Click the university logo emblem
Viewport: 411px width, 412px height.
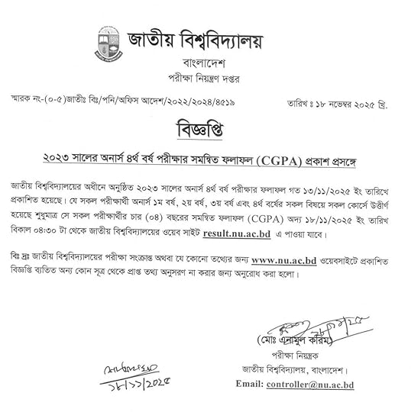pos(107,46)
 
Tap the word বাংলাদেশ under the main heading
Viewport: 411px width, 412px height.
pos(204,63)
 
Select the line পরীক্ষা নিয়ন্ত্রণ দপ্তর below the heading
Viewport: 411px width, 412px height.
pos(204,79)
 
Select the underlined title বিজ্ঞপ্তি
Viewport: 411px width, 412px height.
pos(205,126)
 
